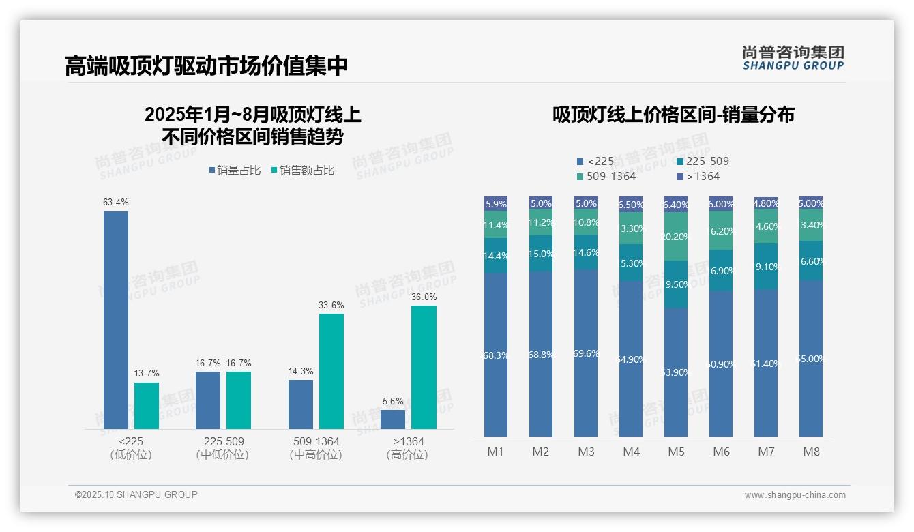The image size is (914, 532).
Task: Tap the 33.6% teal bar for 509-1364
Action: coord(331,371)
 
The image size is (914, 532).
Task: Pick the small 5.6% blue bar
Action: coord(393,419)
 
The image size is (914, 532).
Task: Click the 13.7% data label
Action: coord(146,373)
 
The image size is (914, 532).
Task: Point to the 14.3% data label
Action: coord(301,371)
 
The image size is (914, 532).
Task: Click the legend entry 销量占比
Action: coord(235,171)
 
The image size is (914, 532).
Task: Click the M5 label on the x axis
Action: coord(676,452)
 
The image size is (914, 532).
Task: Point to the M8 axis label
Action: coord(811,452)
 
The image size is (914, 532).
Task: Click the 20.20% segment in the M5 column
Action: coord(676,237)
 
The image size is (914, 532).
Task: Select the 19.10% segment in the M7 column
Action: coord(766,267)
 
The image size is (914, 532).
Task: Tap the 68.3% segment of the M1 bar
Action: coord(496,355)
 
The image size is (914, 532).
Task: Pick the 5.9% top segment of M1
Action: coord(496,203)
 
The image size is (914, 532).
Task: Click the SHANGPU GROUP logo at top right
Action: coord(793,58)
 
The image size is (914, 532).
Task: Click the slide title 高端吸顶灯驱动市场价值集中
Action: coord(207,66)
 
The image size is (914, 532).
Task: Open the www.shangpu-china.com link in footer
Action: coord(795,495)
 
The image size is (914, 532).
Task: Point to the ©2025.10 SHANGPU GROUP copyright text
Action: coord(136,494)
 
